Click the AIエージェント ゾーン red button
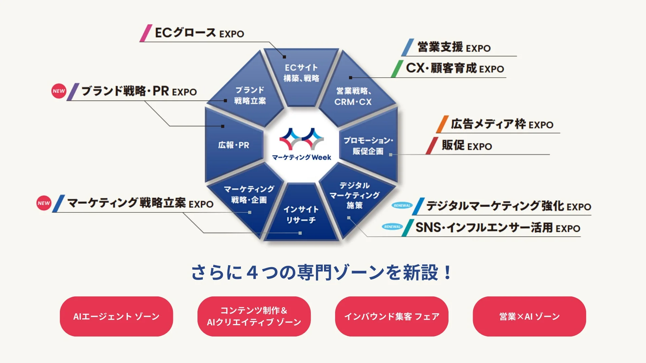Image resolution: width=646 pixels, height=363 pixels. [x=116, y=316]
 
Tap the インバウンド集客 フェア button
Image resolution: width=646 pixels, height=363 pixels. [x=392, y=316]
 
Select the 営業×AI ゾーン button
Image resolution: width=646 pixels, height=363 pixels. [x=529, y=316]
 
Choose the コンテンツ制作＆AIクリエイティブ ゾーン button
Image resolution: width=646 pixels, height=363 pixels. [x=254, y=316]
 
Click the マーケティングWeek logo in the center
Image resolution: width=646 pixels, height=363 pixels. [x=301, y=145]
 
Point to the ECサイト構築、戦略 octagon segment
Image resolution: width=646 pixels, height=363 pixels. [x=301, y=73]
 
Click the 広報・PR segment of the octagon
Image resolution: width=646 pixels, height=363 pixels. [x=234, y=145]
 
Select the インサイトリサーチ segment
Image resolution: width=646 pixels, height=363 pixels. [x=301, y=214]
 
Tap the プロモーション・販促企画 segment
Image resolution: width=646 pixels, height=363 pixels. [x=368, y=146]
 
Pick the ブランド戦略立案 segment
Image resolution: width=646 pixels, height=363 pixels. [x=250, y=95]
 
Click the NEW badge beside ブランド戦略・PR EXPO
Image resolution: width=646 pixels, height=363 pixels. [x=59, y=91]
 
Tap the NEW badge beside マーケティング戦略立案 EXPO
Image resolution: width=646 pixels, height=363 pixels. [x=44, y=203]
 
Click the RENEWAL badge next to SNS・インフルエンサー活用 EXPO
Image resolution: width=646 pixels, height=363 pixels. [x=392, y=227]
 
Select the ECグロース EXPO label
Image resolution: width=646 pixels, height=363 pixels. [x=199, y=33]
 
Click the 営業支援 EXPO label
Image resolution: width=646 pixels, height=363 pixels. [x=454, y=47]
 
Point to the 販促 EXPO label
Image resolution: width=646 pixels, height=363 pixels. [x=467, y=146]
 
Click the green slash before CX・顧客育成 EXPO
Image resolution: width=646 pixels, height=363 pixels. [x=397, y=69]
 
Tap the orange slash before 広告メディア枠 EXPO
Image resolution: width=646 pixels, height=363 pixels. [x=442, y=124]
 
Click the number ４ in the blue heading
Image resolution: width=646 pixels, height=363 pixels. [x=252, y=273]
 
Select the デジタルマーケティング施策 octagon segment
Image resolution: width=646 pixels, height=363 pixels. [x=355, y=195]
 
